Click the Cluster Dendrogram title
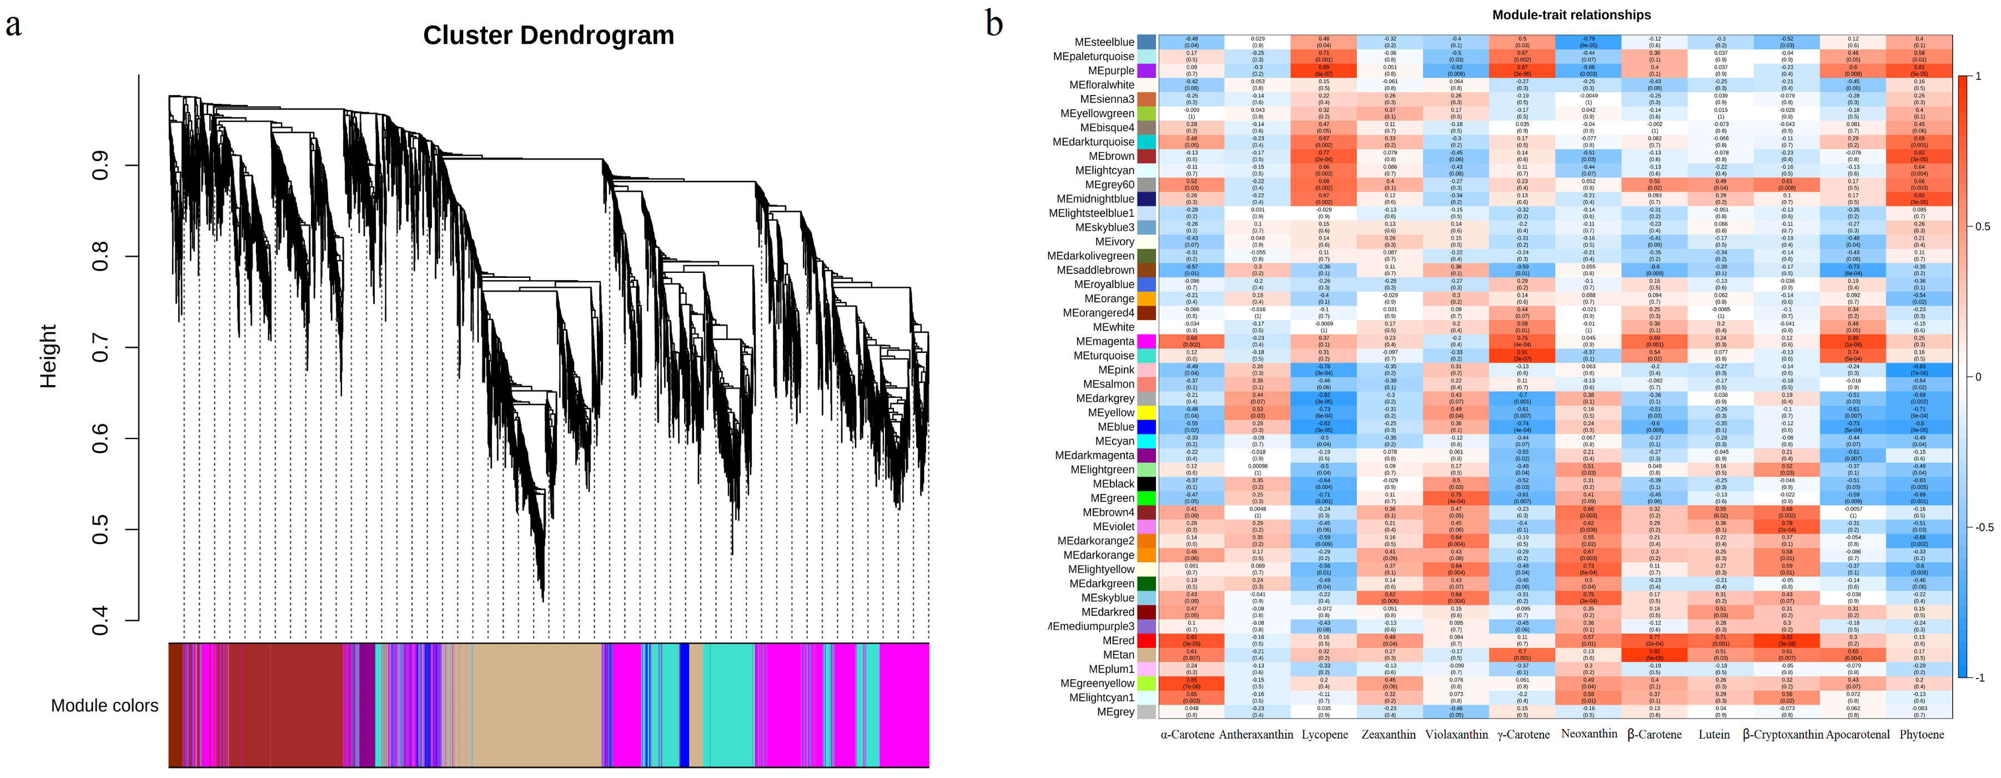pos(549,35)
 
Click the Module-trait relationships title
pos(1571,15)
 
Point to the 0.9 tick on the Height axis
pos(100,166)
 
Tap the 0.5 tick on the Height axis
pos(100,529)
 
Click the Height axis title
pos(49,356)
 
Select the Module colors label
pos(104,705)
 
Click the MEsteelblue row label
pos(1104,42)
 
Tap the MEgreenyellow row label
pos(1097,683)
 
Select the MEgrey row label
pos(1115,712)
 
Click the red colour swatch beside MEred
pos(1146,640)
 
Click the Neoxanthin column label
pos(1588,734)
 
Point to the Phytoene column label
pos(1921,735)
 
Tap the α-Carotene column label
pos(1187,735)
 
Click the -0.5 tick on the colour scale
pos(1983,527)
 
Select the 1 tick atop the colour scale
pos(1978,76)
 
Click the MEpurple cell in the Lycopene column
pos(1324,71)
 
